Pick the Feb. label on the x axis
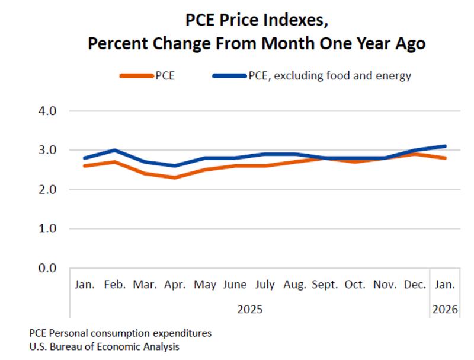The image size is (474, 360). pos(115,285)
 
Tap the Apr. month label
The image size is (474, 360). pos(175,285)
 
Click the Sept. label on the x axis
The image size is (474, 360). pos(325,285)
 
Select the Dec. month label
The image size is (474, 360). pos(415,285)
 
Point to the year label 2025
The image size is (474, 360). pos(250,309)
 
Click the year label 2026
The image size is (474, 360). pos(444,309)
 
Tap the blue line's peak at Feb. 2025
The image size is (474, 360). pos(115,150)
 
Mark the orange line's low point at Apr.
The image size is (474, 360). pos(175,177)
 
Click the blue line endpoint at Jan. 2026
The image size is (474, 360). pos(444,146)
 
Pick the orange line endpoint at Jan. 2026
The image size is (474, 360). pos(444,158)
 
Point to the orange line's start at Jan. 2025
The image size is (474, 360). pos(85,165)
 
